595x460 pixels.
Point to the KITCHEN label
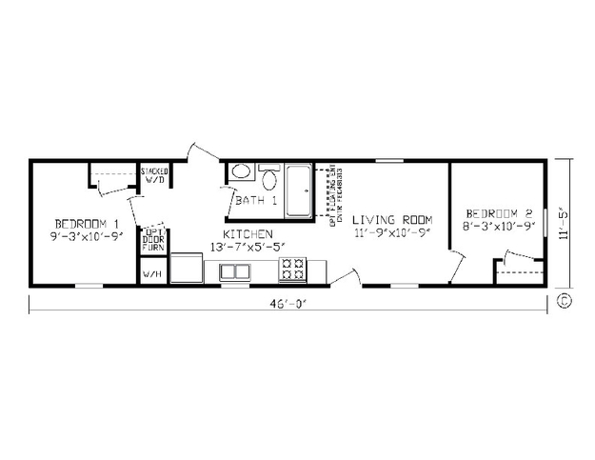click(248, 233)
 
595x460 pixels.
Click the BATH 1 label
click(256, 201)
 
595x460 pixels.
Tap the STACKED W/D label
click(154, 175)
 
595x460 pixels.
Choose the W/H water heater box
click(152, 273)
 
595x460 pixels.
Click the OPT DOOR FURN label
click(152, 239)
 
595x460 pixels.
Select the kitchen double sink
click(233, 271)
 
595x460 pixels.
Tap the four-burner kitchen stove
click(291, 270)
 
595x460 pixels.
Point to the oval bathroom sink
click(241, 172)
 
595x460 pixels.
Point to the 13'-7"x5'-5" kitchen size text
click(248, 248)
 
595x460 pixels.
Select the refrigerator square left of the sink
click(192, 270)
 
